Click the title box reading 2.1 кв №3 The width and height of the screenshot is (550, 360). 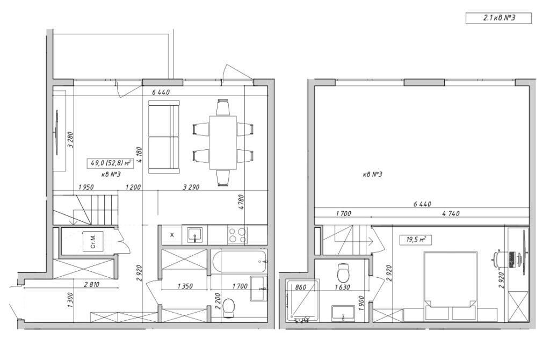[498, 18]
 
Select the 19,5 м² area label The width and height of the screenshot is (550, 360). [416, 240]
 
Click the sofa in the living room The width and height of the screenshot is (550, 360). [164, 137]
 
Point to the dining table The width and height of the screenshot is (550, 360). [223, 142]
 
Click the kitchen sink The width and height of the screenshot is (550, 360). [194, 235]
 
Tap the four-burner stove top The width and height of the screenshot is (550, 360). [237, 235]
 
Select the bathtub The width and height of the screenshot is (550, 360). [240, 262]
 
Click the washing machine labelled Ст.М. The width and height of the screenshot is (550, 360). [93, 241]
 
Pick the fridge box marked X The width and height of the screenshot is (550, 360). [172, 235]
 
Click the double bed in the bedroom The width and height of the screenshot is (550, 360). [451, 286]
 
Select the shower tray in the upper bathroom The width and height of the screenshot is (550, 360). [302, 301]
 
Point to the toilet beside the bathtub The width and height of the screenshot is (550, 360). [229, 308]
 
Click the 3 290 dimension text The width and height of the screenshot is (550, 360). [191, 188]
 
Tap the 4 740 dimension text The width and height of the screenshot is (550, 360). [451, 213]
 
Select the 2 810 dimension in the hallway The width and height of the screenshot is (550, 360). [91, 285]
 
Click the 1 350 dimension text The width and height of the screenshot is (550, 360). [185, 286]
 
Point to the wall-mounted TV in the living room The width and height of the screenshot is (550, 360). [56, 132]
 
